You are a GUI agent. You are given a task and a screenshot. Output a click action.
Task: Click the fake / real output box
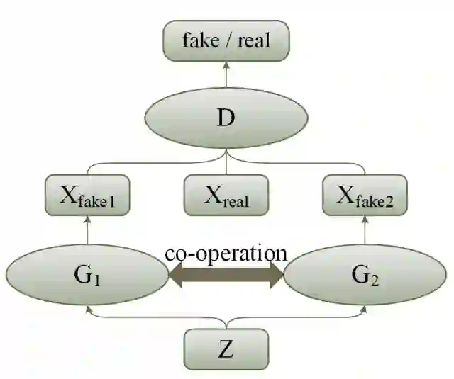pos(226,40)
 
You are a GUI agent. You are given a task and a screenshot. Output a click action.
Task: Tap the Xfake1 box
pos(87,195)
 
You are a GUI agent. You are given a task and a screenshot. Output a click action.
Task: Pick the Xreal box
pos(226,195)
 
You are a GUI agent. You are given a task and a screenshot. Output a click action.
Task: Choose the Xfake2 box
pos(365,195)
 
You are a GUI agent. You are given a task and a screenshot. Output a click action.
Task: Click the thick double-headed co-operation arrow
pos(226,276)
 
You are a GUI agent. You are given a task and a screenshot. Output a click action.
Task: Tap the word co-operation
pos(226,253)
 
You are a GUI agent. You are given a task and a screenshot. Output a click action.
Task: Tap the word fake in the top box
pos(201,40)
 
